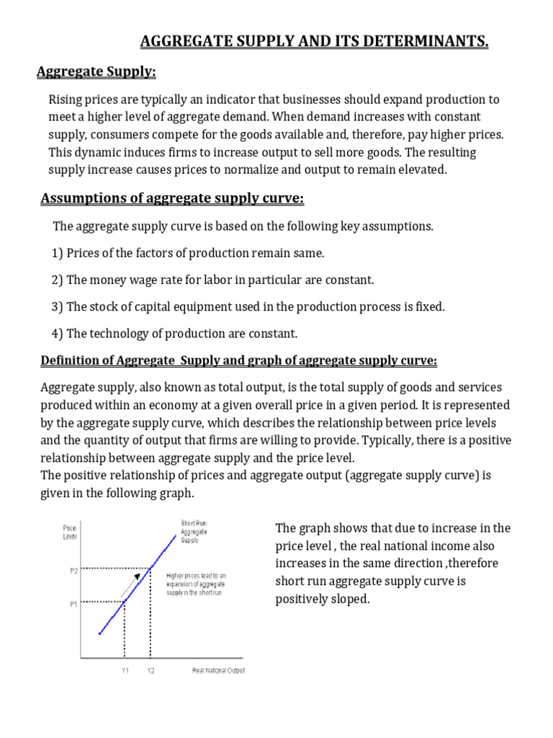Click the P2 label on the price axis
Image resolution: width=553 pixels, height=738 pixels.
[73, 570]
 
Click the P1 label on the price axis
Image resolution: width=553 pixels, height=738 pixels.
[73, 604]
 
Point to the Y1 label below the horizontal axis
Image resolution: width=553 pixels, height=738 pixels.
[125, 671]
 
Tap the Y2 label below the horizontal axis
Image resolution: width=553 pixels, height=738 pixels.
[150, 671]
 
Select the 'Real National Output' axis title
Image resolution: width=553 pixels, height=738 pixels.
[218, 671]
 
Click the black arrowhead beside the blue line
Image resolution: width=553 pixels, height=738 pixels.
[136, 577]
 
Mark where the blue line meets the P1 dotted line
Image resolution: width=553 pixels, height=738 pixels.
[125, 601]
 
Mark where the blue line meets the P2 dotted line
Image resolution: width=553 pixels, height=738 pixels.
[150, 568]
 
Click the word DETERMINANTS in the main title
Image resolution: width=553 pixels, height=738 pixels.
[428, 43]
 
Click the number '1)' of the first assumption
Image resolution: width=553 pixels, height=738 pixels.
[57, 253]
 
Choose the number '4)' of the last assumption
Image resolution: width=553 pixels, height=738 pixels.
[57, 334]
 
